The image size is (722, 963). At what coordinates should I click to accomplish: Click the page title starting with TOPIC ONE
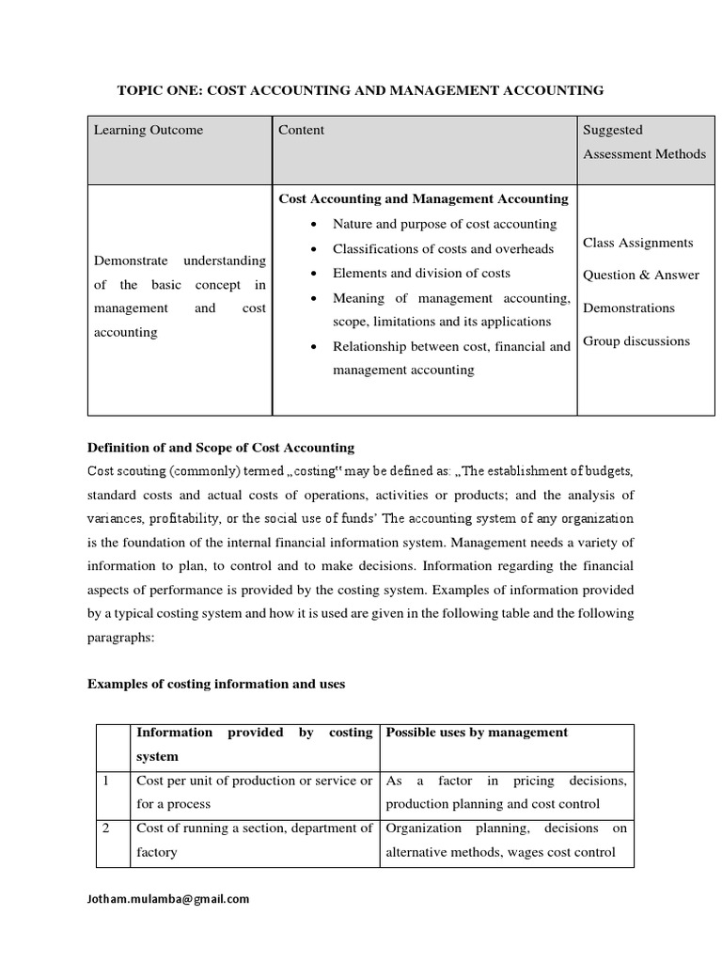(x=360, y=90)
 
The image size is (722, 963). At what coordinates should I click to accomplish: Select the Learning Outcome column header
(x=148, y=130)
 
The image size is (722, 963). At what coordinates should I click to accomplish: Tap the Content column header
(x=301, y=130)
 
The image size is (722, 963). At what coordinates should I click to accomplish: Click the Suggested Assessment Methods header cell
(x=644, y=142)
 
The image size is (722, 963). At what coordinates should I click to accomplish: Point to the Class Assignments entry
(x=637, y=243)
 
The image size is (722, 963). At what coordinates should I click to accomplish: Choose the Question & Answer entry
(x=641, y=275)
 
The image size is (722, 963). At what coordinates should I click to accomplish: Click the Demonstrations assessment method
(x=629, y=308)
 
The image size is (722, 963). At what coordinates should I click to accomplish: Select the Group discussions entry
(x=636, y=340)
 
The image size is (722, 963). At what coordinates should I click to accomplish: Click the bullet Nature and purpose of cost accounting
(x=445, y=224)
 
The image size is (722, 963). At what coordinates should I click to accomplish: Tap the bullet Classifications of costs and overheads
(x=443, y=249)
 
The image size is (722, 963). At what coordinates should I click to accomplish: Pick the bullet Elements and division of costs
(x=421, y=273)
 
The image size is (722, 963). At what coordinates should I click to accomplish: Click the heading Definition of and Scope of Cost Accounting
(x=221, y=447)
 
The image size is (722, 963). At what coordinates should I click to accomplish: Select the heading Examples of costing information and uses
(x=216, y=684)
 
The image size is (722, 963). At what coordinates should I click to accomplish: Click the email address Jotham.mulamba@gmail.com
(x=168, y=899)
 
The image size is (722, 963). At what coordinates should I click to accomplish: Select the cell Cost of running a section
(x=254, y=840)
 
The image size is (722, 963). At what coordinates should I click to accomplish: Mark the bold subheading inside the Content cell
(x=423, y=198)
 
